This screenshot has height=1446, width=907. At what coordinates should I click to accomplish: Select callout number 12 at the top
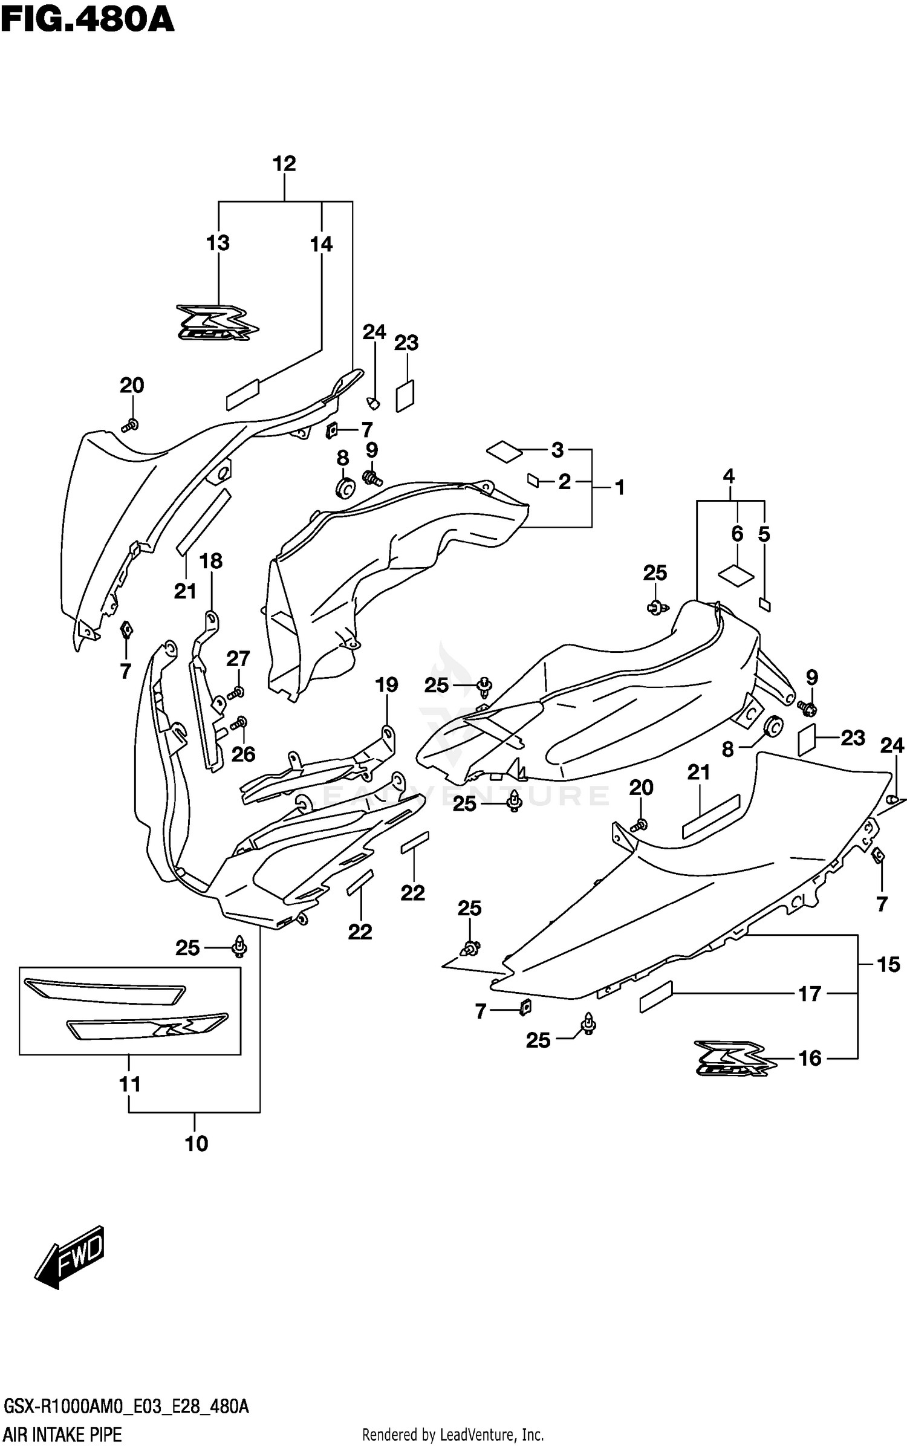click(x=284, y=164)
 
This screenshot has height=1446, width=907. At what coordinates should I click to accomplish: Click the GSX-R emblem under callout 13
click(x=217, y=322)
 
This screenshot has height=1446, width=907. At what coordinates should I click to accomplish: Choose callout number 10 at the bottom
click(x=196, y=1144)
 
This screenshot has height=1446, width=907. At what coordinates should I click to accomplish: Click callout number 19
click(x=386, y=685)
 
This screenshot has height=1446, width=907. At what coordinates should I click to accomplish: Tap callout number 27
click(x=238, y=658)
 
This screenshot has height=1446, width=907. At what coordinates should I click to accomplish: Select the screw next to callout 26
click(x=240, y=722)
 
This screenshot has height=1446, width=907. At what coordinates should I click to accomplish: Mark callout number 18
click(x=211, y=561)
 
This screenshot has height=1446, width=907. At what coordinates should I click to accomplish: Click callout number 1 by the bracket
click(x=620, y=487)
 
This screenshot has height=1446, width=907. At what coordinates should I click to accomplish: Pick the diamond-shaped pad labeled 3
click(x=504, y=451)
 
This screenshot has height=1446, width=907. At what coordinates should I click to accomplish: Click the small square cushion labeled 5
click(x=765, y=603)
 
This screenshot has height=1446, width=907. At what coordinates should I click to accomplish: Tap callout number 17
click(x=810, y=993)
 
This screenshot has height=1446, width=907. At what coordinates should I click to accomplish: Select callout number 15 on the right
click(x=888, y=964)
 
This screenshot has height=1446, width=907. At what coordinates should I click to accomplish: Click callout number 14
click(x=321, y=244)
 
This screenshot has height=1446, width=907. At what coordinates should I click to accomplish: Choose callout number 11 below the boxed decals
click(x=129, y=1084)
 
